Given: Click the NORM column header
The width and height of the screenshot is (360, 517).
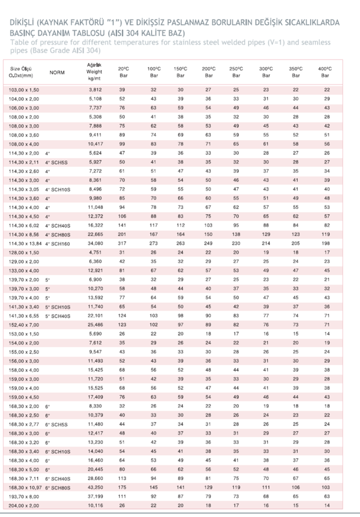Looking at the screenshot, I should point(57,72).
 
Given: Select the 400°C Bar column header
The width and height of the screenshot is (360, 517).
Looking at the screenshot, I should point(325,72).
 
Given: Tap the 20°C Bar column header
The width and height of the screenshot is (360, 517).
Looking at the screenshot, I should point(123,72).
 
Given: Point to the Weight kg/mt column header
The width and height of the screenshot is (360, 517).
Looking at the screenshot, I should point(94,71).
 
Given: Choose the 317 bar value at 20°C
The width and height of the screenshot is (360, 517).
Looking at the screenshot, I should point(122,243).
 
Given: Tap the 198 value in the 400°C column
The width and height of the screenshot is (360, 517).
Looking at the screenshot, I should point(325,243).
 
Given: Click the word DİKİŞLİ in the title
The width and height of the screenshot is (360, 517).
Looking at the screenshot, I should point(22,23).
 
